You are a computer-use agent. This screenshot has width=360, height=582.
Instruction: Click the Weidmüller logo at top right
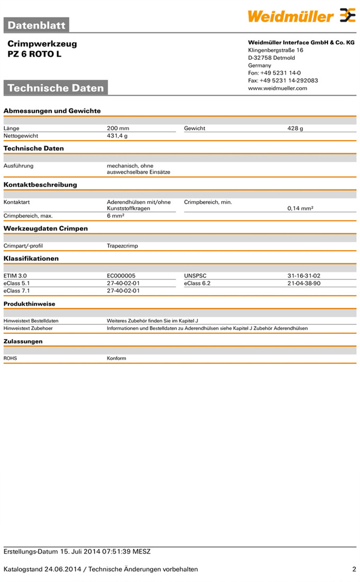302,16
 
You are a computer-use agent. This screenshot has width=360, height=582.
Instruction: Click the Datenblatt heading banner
37,25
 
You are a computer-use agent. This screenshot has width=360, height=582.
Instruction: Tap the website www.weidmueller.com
277,88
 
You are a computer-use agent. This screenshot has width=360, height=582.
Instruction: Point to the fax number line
283,80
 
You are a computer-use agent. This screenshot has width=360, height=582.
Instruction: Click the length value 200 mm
118,128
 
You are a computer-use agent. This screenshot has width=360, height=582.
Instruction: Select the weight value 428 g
295,128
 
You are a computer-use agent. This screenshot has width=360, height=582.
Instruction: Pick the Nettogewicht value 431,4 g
118,135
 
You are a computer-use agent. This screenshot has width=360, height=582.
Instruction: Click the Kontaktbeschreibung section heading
40,185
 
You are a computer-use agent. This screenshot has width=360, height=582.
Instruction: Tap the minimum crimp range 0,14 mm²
300,208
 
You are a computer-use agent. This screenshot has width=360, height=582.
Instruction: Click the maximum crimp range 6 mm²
115,216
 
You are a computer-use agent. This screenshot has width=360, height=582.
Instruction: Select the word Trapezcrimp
122,246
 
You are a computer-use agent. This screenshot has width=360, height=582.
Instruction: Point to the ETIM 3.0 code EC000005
121,276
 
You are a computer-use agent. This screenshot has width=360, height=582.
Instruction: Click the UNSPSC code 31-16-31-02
304,276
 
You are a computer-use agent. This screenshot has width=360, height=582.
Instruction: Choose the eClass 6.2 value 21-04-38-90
304,283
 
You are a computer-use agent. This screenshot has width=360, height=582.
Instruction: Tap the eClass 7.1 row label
17,290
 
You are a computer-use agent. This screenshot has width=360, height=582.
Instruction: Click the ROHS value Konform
116,358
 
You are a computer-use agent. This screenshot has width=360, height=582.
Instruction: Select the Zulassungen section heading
23,341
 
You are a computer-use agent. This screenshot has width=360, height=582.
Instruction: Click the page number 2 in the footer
354,569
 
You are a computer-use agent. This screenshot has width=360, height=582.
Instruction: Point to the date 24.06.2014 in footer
63,569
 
